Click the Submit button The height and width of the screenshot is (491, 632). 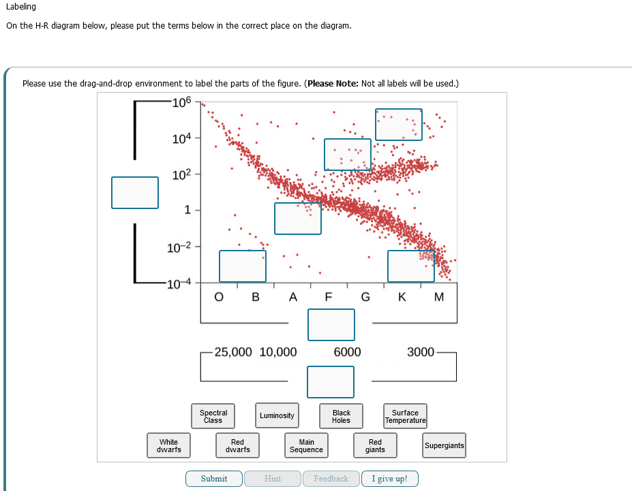coord(214,479)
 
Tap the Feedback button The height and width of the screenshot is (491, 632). coord(331,479)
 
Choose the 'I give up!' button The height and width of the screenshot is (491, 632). coord(390,479)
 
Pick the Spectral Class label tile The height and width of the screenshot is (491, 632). coord(213,416)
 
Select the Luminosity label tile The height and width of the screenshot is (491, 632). coord(277,415)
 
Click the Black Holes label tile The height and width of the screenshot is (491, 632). coord(341,416)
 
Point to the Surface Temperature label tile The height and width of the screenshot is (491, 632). coord(405,416)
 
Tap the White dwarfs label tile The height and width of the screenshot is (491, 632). coord(168,446)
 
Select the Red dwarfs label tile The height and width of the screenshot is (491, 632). coord(237,446)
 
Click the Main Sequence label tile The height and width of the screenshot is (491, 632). coord(307,446)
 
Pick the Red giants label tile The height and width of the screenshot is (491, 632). coord(375,446)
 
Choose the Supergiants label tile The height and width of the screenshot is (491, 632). coord(444,446)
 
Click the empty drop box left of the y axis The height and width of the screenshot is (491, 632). coord(135,193)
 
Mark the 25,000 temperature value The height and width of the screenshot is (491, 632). coord(233,352)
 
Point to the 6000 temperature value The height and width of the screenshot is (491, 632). coord(347,352)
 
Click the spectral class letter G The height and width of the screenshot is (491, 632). coord(365,297)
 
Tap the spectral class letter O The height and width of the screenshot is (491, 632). coord(218,297)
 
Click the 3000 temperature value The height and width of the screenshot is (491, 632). coord(421,352)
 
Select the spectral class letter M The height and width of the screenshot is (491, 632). coord(438,297)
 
